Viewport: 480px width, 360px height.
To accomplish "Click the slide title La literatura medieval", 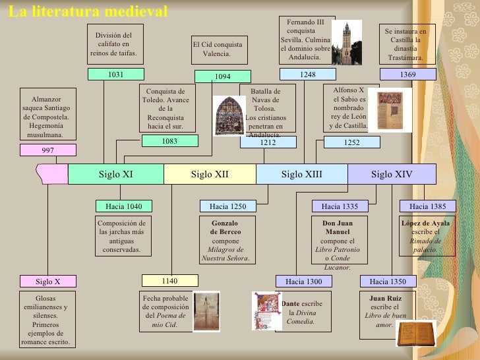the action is click(x=88, y=11).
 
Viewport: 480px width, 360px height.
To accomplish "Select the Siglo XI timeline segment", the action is click(x=116, y=174).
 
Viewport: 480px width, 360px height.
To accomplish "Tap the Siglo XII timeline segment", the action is click(x=210, y=174).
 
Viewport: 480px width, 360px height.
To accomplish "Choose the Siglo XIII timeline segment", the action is click(x=302, y=174).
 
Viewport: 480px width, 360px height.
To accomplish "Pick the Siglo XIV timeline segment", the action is click(x=392, y=174).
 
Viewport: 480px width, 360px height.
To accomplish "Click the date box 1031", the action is click(x=116, y=75).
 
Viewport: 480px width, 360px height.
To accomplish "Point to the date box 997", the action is click(x=48, y=150).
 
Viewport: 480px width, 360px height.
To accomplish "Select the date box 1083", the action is click(x=169, y=140).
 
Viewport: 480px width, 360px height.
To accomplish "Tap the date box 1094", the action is click(x=223, y=76).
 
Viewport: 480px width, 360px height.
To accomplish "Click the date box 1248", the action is click(x=308, y=75).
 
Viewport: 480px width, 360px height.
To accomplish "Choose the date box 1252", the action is click(x=352, y=142).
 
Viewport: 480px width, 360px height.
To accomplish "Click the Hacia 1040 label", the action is click(x=124, y=206).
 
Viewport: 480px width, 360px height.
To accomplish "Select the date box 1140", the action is click(x=169, y=281).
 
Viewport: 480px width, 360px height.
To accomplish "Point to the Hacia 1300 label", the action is click(x=304, y=282).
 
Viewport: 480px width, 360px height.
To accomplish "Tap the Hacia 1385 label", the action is click(x=427, y=206).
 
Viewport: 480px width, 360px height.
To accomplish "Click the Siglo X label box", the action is click(x=48, y=282).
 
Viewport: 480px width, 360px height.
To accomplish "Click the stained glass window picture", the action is click(x=228, y=115).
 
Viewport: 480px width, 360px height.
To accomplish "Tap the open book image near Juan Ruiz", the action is click(x=415, y=333).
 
